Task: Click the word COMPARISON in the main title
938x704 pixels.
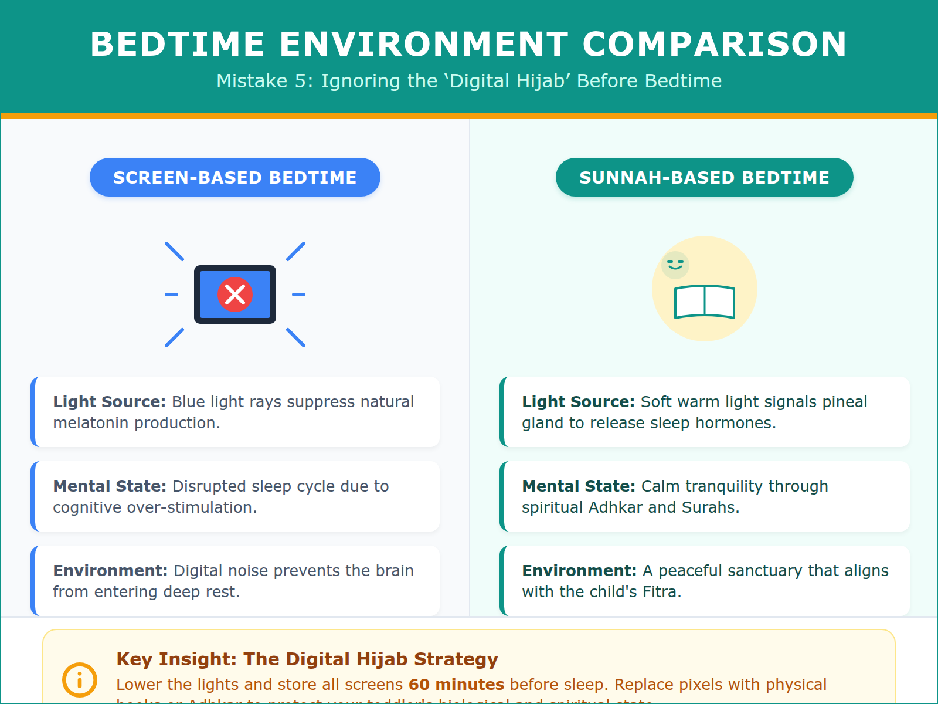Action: [x=715, y=44]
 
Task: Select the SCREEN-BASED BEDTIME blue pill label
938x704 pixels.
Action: [x=235, y=177]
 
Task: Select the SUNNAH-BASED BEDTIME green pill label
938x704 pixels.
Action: [x=704, y=177]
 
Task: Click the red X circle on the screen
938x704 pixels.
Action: [x=235, y=295]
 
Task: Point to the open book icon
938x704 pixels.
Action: [x=704, y=302]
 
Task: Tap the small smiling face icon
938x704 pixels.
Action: [x=675, y=265]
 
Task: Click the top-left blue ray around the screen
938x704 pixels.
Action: [x=175, y=251]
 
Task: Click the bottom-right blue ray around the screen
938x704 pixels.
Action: [x=296, y=337]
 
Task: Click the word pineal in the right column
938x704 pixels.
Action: [x=845, y=402]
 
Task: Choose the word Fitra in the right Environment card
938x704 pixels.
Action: [x=660, y=592]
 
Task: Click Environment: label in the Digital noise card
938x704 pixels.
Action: [x=110, y=571]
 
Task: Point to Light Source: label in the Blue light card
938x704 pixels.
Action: [x=109, y=402]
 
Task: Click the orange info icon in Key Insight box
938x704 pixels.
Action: [x=80, y=680]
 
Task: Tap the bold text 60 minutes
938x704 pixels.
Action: [x=456, y=685]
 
